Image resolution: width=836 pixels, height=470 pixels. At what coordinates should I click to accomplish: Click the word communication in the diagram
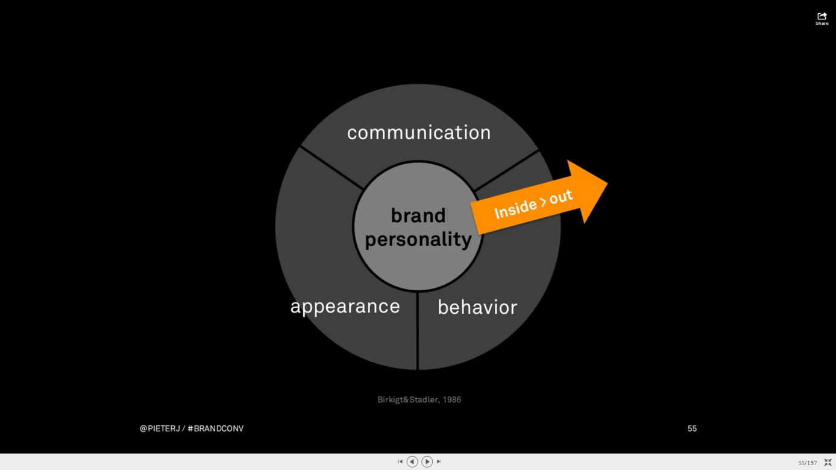(419, 133)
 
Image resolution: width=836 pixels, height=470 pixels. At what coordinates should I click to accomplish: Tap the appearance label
(345, 307)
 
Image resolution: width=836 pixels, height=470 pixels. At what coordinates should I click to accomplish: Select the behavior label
(477, 307)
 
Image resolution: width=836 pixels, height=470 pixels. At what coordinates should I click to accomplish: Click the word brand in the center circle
(418, 215)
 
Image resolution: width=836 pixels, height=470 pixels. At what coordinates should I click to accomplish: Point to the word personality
(418, 240)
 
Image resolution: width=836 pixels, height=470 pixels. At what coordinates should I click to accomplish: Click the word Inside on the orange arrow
(515, 209)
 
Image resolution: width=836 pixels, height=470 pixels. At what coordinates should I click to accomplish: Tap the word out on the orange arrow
(561, 197)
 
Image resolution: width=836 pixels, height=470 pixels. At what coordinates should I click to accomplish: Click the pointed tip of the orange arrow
(607, 183)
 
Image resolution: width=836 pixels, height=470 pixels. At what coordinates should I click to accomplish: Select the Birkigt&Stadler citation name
(407, 400)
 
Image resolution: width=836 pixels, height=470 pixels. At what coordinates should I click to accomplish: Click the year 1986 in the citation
(451, 400)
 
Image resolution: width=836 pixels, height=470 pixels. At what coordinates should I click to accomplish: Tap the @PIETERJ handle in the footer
(160, 428)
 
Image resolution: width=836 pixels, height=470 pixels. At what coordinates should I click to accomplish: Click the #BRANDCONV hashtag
(215, 428)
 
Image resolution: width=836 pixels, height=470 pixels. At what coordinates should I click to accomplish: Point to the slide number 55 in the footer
(692, 428)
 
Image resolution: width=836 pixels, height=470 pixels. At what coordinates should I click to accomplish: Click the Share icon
(822, 18)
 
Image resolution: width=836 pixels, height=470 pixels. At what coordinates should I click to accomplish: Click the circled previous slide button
(412, 462)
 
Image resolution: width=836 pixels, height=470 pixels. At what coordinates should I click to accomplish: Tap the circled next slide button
(427, 462)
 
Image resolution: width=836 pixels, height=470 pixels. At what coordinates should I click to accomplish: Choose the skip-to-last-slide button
(439, 462)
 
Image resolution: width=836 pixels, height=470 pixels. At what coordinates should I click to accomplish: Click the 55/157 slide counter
(808, 463)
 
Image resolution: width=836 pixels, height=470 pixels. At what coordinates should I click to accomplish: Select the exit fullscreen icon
(828, 463)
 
